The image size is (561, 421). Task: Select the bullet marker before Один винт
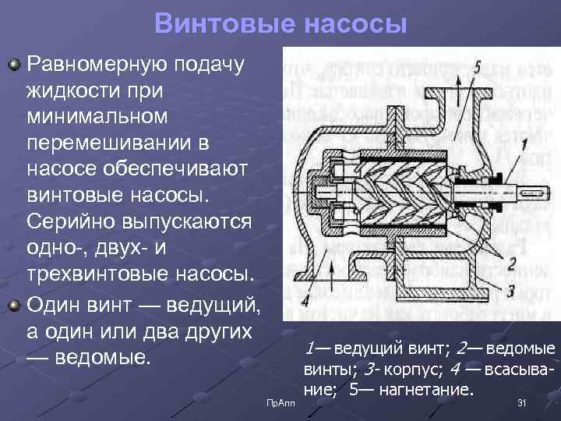[15, 302]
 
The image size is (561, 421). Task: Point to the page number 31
[523, 402]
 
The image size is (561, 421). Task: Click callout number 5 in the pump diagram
[478, 65]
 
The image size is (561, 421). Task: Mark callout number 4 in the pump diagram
[305, 299]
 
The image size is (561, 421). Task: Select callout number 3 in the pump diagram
[510, 289]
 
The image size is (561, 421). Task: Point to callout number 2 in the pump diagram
[510, 263]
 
